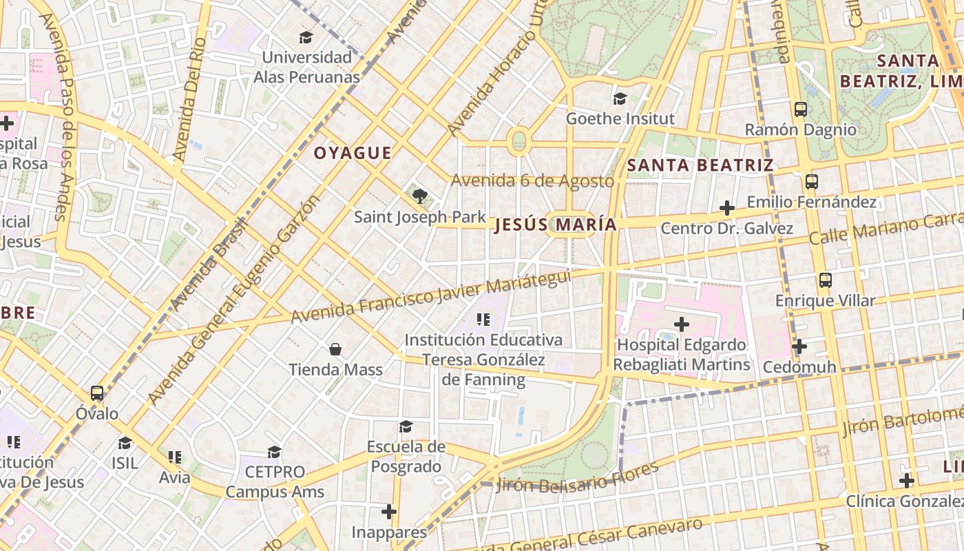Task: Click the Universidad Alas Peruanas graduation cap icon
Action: coord(306,37)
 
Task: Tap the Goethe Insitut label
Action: coord(620,118)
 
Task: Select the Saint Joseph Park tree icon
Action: coord(419,196)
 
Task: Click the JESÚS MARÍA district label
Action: coord(555,225)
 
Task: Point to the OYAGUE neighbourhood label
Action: coord(353,153)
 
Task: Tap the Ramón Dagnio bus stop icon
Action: coord(800,109)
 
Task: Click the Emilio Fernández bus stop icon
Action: coord(811,182)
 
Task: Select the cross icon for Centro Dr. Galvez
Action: coord(726,207)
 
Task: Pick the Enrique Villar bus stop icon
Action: coord(825,280)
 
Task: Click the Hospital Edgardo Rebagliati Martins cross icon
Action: coord(682,324)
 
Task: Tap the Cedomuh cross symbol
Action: coord(799,346)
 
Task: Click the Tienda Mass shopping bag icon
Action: coord(335,349)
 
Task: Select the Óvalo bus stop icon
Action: coord(97,393)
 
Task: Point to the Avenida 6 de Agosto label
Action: coord(532,181)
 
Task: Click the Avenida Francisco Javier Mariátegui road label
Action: coord(431,296)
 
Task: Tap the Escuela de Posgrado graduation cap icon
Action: coord(406,426)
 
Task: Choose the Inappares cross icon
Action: coord(389,511)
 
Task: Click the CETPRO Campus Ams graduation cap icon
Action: coord(274,452)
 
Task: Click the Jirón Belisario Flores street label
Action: coord(577,477)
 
